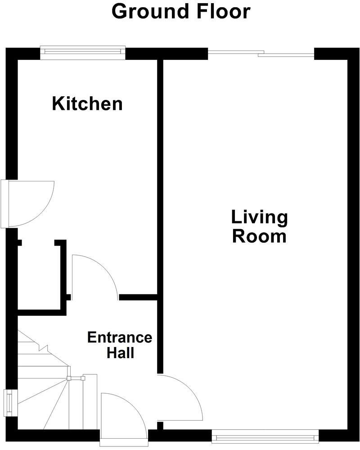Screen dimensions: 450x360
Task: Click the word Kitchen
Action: (87, 104)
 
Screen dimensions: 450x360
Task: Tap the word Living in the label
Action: (259, 217)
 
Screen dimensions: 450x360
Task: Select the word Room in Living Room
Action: (259, 236)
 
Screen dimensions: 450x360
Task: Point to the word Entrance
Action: (120, 337)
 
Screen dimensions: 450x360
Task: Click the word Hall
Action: (120, 353)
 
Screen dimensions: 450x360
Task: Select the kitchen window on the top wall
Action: (83, 52)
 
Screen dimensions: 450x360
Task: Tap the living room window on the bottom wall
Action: (265, 436)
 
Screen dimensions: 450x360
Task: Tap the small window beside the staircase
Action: (9, 402)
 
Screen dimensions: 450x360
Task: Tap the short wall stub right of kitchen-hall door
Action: (138, 297)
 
